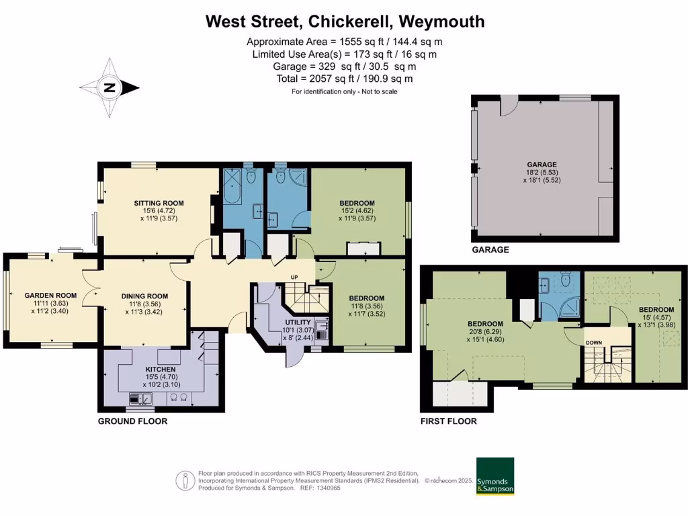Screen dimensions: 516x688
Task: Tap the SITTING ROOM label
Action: (x=159, y=203)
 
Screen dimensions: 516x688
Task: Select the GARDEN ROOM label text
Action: (x=51, y=296)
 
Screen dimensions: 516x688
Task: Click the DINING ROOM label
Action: (x=144, y=296)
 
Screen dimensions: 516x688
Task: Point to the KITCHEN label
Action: (x=161, y=370)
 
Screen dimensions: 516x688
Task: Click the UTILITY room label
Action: (x=298, y=322)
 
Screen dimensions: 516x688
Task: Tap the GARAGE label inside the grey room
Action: (x=542, y=164)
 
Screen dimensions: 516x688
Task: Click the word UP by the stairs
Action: (x=294, y=277)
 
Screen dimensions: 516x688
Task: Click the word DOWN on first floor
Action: (x=594, y=343)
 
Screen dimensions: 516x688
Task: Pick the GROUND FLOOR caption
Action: (x=132, y=421)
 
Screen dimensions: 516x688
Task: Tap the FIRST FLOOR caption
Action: (x=448, y=421)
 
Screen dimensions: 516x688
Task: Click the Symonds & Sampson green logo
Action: (x=495, y=476)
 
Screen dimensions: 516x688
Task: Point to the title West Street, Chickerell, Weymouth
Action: (x=345, y=21)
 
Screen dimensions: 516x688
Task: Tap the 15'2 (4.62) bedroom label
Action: (x=357, y=210)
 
